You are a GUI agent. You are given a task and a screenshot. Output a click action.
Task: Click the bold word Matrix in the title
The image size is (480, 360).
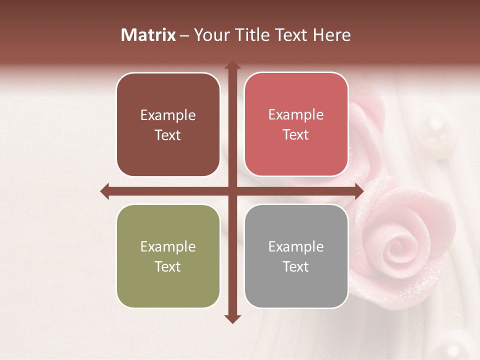[x=148, y=35]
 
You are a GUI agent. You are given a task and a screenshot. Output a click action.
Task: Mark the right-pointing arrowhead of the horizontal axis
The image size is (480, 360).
[x=359, y=191]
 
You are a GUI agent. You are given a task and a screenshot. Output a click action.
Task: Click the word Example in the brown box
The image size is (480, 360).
[x=168, y=115]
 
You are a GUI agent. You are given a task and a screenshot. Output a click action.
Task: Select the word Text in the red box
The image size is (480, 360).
[x=296, y=135]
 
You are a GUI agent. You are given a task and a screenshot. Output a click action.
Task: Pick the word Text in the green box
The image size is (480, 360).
[x=168, y=266]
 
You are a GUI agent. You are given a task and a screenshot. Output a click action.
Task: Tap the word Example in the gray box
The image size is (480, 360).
[x=296, y=246]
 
